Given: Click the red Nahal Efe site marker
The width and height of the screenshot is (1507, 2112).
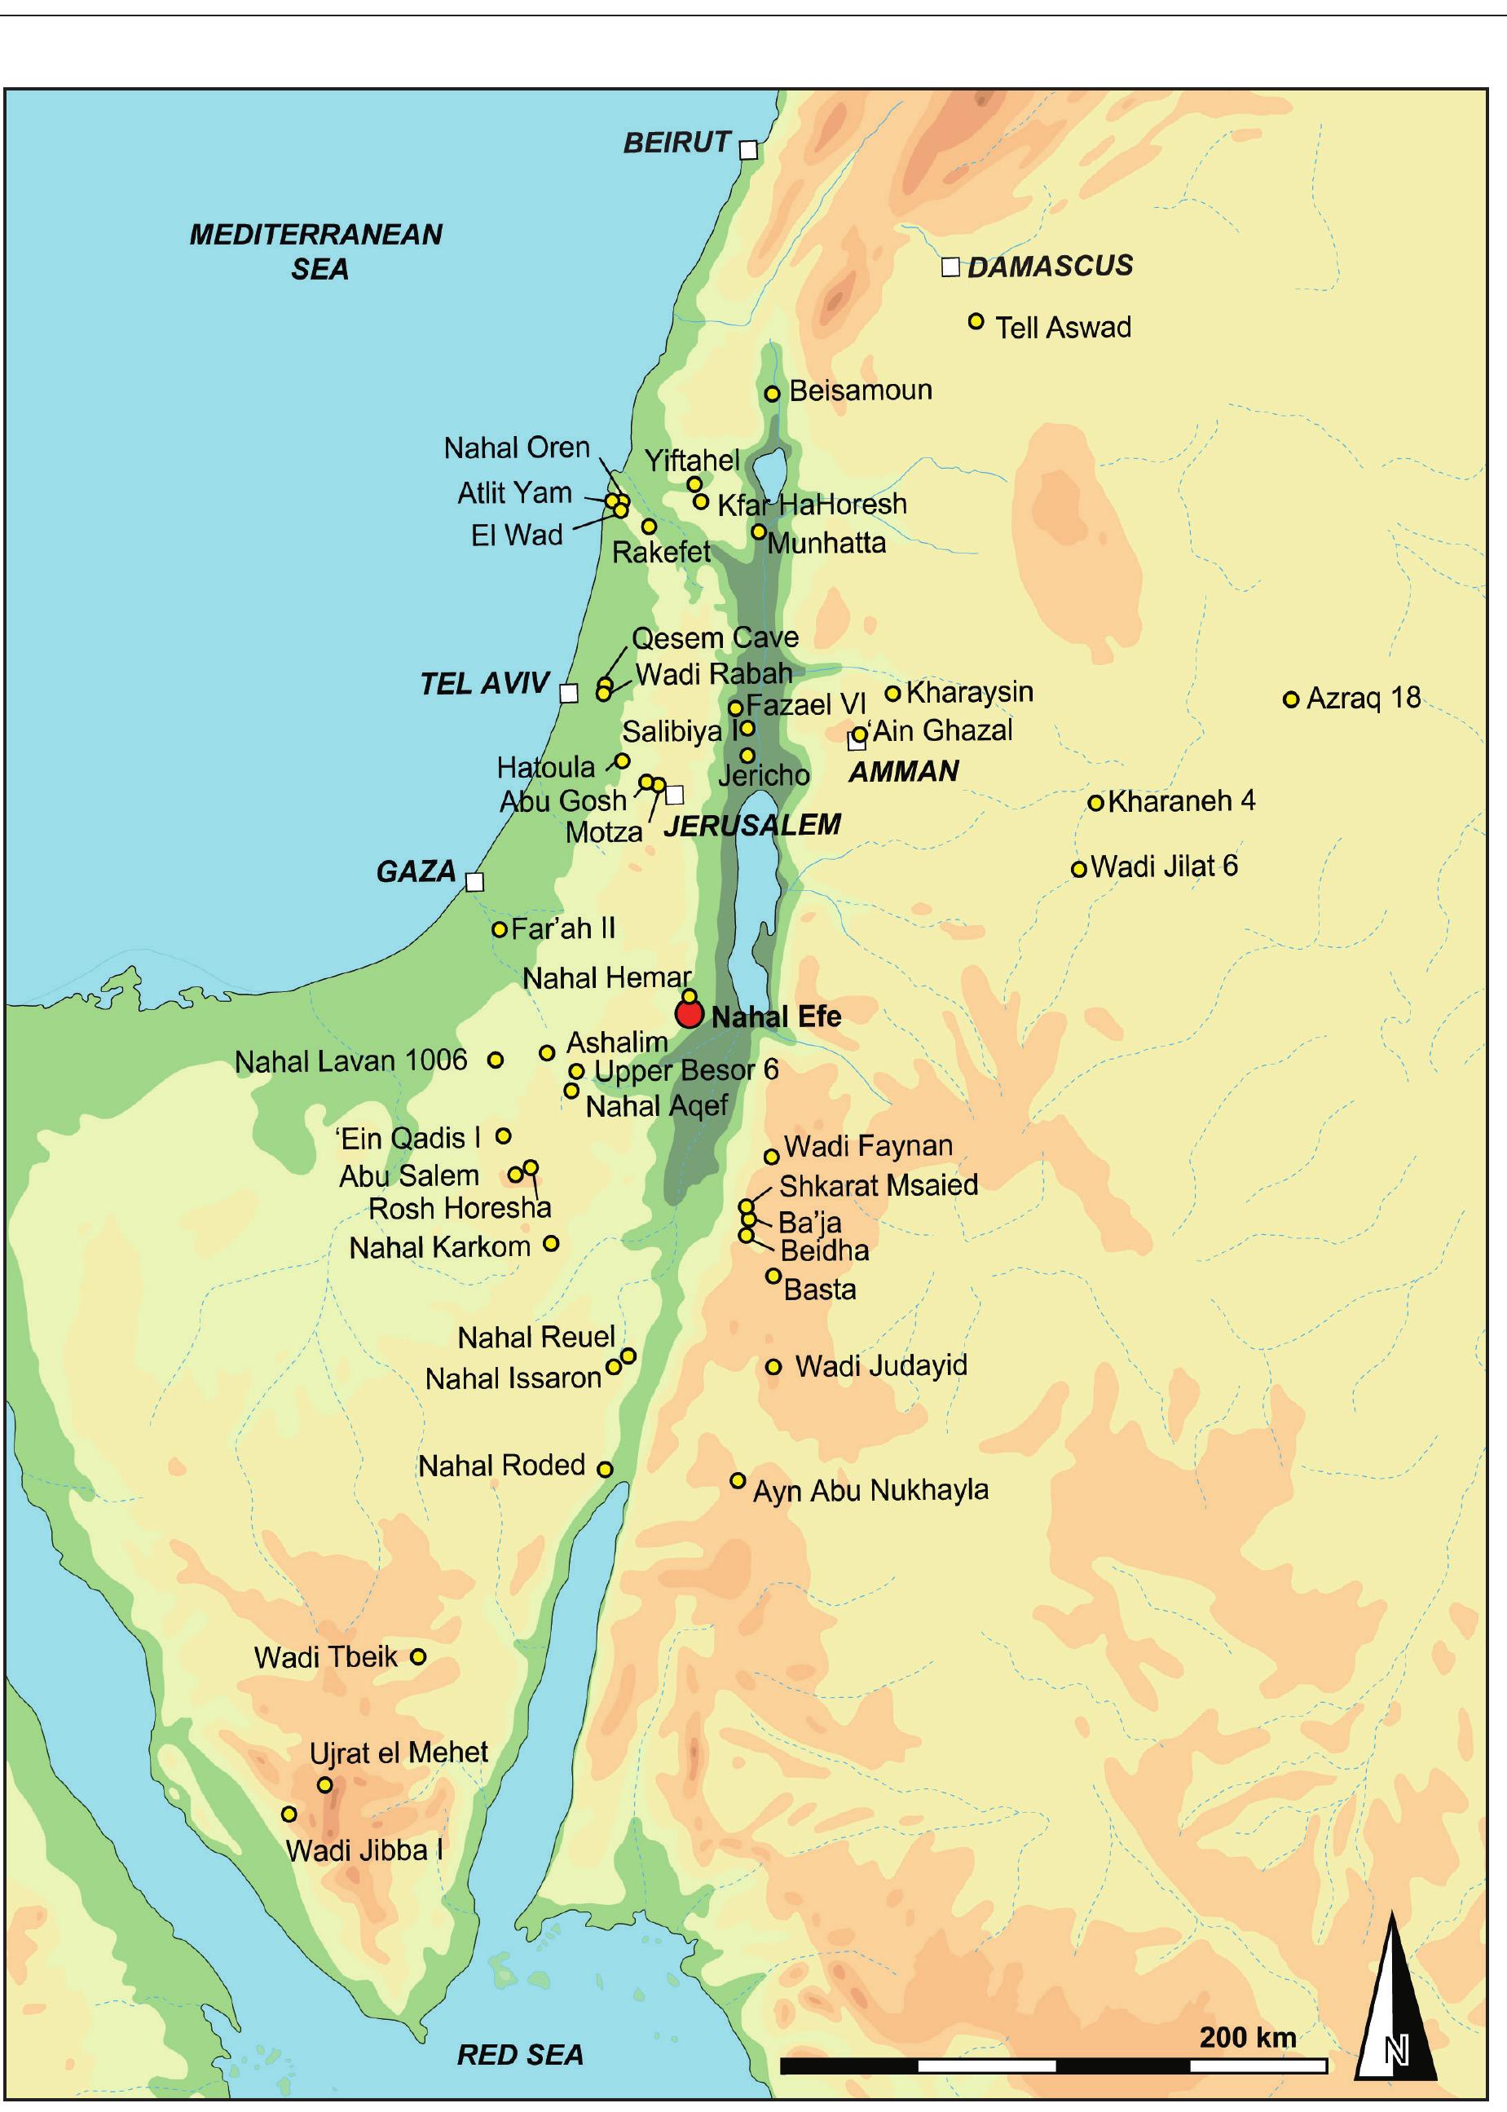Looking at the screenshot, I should (x=690, y=1014).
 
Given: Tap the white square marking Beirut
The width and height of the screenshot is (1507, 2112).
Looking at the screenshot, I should (x=748, y=149).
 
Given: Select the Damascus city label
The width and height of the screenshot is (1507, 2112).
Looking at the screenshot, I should (x=1050, y=267).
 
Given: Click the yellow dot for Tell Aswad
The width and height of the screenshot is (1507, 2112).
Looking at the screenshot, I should (x=976, y=321).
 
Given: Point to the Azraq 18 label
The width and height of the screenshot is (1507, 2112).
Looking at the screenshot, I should (x=1364, y=698).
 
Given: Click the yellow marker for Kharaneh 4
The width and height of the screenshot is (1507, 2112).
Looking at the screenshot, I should (x=1096, y=803).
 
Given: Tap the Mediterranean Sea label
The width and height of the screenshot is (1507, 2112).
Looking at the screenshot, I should (x=316, y=250).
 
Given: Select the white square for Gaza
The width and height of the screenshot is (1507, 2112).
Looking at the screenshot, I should (x=474, y=881).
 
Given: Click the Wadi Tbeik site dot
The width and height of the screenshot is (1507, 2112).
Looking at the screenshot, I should (x=418, y=1656).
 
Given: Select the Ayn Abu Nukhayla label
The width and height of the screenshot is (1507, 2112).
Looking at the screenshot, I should (x=870, y=1491).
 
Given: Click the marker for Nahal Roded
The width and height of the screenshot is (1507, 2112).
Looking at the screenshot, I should (x=604, y=1469).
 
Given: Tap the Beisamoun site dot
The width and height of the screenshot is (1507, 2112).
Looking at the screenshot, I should (x=772, y=394).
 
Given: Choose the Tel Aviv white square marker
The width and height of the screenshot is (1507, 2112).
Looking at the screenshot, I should (x=569, y=693).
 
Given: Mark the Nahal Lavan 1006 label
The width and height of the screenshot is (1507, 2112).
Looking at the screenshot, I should (x=350, y=1060).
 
